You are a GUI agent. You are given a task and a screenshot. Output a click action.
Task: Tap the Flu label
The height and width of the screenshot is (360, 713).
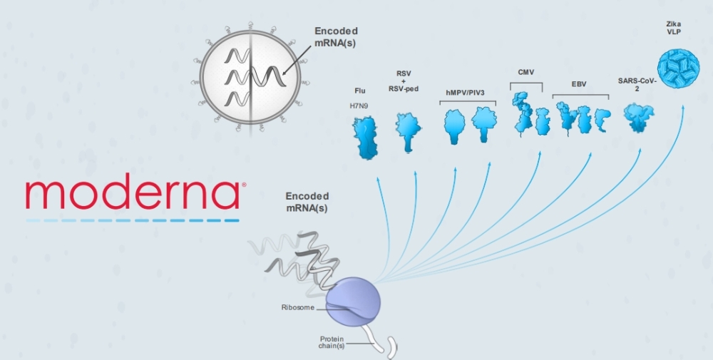360,91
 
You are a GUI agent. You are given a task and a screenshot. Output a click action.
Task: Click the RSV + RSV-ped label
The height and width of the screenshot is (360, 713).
407,81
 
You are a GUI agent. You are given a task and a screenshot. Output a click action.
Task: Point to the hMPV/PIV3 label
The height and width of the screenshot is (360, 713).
468,92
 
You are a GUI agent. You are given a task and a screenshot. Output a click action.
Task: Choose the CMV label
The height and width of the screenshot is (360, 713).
525,72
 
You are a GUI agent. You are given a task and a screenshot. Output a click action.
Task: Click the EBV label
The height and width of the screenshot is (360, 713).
578,84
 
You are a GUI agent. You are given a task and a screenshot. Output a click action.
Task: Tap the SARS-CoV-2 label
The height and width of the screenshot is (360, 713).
638,84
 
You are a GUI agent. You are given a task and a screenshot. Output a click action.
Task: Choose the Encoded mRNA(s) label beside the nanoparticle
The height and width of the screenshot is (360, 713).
336,36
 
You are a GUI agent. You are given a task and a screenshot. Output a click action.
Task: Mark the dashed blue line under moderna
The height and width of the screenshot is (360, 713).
133,220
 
